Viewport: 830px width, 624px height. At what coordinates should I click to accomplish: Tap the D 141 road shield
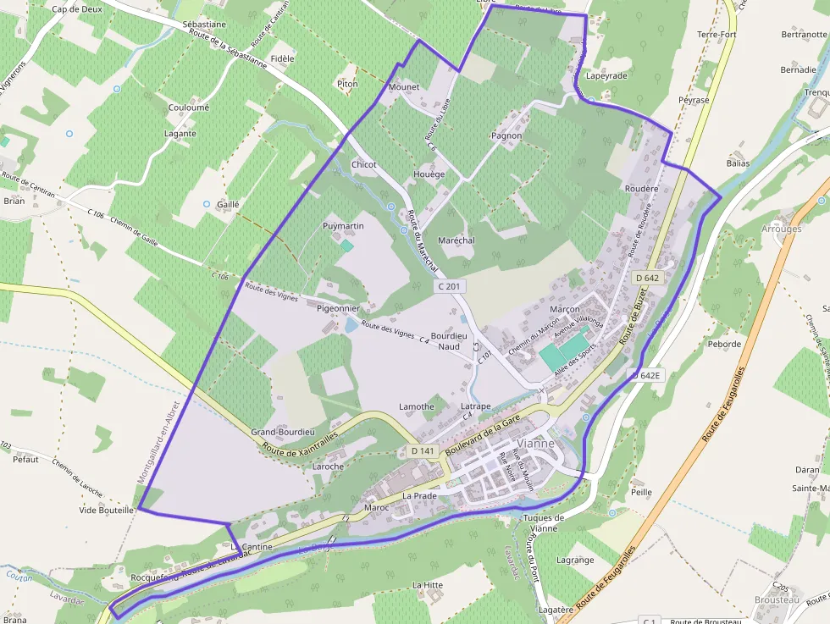coord(422,451)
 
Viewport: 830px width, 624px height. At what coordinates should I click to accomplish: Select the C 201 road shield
coord(451,287)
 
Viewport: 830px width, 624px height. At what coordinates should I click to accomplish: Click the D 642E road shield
coord(645,374)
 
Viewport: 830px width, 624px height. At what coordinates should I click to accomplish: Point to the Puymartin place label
coord(343,226)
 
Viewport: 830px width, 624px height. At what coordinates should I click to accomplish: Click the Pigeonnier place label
coord(339,308)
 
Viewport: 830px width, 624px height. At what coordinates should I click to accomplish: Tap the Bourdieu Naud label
coord(449,340)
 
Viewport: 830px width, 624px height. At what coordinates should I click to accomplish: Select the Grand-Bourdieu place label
coord(283,432)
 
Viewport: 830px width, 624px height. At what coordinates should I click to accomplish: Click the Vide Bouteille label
coord(107,511)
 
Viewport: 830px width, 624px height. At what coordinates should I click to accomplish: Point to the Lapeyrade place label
coord(606,75)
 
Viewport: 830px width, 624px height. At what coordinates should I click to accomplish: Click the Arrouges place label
coord(781,229)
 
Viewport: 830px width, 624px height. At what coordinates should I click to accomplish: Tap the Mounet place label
coord(404,87)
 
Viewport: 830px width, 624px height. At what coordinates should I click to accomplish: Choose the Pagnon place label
coord(506,135)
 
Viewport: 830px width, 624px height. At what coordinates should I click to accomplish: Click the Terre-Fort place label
coord(717,34)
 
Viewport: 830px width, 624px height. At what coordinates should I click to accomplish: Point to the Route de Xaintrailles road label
coord(300,442)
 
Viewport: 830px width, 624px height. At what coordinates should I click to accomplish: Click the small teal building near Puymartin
coord(346,246)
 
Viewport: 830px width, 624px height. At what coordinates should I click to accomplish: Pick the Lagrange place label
coord(575,560)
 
